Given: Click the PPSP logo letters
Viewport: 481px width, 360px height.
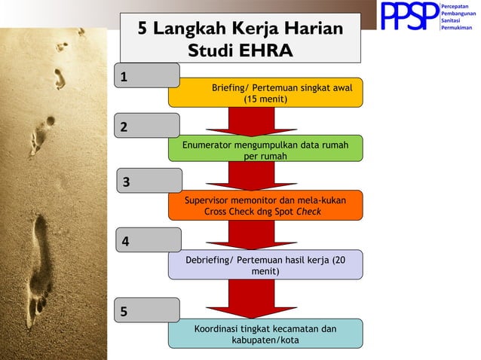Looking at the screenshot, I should pos(409,17).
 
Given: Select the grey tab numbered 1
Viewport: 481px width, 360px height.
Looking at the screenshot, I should pos(147,75).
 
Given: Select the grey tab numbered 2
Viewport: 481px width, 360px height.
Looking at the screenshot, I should pos(147,126).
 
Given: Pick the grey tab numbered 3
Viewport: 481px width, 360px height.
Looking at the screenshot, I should pos(149,181).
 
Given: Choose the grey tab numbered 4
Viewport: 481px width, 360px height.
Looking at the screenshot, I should pos(149,240).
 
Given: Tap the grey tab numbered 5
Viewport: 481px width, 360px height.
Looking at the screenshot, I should pos(147,310).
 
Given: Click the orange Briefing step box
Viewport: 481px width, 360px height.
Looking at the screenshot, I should pos(265,93).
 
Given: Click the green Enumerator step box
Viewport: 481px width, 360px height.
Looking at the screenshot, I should pos(265,148).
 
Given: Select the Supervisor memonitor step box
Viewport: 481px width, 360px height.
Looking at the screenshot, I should pos(265,206).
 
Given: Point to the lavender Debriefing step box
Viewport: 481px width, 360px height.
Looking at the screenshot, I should pos(265,264).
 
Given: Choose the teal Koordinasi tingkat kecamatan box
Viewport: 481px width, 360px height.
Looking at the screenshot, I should pos(265,334).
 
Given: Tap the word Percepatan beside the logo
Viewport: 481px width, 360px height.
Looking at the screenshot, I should pos(457,6).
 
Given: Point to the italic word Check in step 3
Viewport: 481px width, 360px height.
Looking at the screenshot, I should pos(310,212).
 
